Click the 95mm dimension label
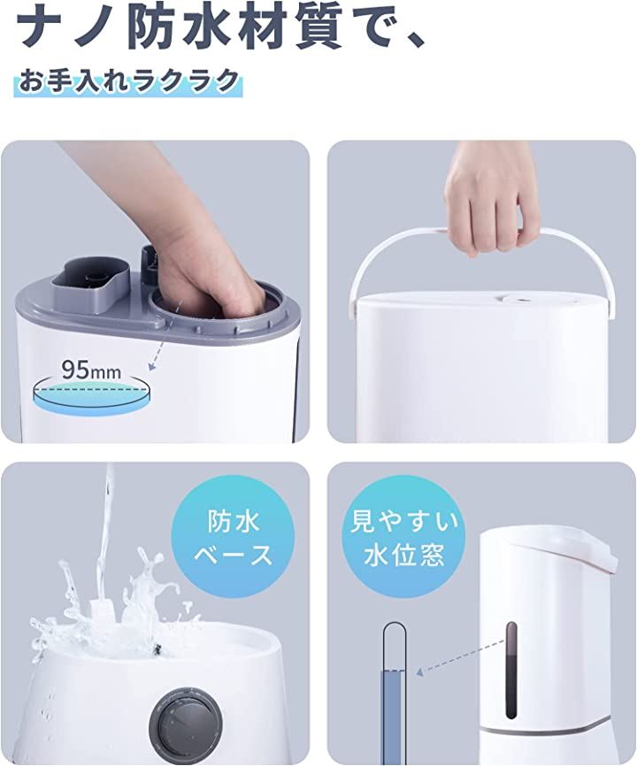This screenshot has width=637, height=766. (x=91, y=371)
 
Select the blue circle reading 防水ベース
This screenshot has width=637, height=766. (x=232, y=540)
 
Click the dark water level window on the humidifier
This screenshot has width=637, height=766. (x=511, y=670)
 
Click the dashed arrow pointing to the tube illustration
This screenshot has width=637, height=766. (x=460, y=656)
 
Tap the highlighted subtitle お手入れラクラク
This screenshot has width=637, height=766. (x=129, y=81)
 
